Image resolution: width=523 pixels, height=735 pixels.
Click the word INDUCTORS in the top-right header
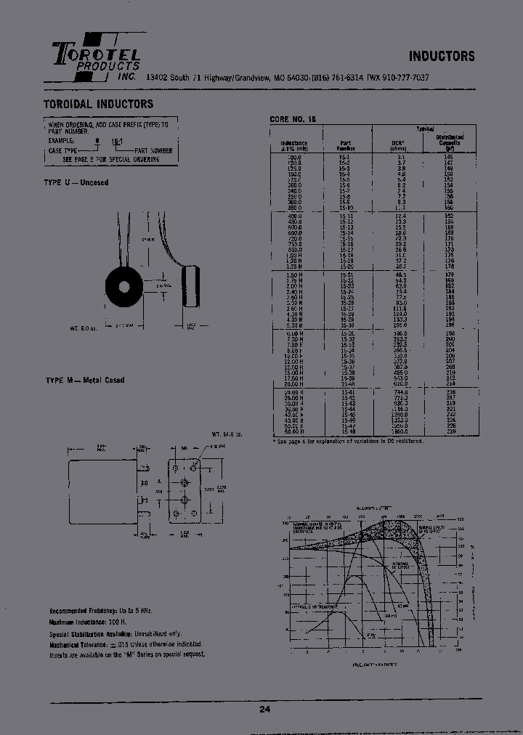pos(442,56)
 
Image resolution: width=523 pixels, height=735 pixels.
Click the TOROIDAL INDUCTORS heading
pos(99,105)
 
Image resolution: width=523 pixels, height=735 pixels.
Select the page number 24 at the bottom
pos(264,709)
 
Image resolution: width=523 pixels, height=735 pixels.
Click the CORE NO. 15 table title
pos(294,118)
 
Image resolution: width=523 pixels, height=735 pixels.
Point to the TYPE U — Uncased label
pos(76,182)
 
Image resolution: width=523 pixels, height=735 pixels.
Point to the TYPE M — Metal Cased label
pos(84,380)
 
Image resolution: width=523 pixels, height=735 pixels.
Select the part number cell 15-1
pos(345,157)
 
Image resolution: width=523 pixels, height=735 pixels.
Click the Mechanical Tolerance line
pos(125,644)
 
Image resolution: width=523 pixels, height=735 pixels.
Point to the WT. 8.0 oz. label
pos(84,328)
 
